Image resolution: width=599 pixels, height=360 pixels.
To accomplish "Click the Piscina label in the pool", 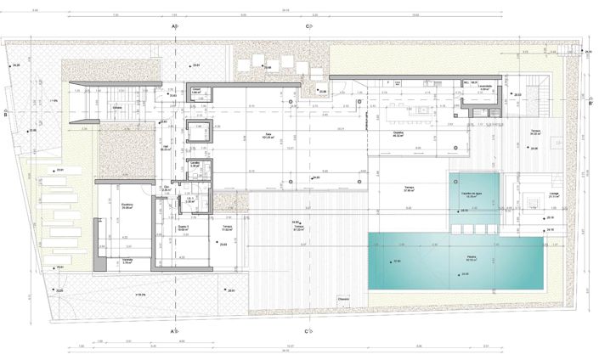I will (470, 256).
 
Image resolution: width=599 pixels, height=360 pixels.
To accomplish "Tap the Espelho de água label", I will (472, 195).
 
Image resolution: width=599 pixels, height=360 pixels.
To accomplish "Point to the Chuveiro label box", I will (343, 298).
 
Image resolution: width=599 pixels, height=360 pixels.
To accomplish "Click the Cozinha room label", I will (398, 133).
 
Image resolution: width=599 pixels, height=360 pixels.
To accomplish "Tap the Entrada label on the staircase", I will (119, 108).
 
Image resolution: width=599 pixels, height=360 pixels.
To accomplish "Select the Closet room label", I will (195, 89).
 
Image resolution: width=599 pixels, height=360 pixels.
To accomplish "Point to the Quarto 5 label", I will (183, 228).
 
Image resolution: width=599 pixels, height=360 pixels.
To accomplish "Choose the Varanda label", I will (127, 262).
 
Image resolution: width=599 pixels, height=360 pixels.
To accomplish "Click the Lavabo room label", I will (195, 163).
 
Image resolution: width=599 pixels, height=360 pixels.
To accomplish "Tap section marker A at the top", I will (175, 26).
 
